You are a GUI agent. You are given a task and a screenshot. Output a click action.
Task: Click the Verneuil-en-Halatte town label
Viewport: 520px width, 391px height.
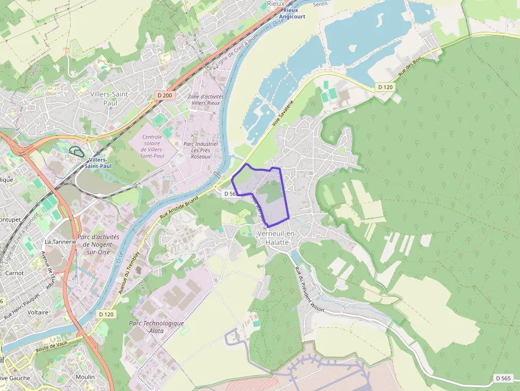(x=273, y=238)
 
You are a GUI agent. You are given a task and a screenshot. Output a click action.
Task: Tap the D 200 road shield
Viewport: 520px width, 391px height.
(x=164, y=95)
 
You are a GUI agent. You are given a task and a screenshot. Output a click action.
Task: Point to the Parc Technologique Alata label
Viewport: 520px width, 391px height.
(x=157, y=327)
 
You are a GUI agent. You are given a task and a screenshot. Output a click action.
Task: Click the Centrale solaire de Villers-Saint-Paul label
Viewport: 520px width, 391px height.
(x=152, y=146)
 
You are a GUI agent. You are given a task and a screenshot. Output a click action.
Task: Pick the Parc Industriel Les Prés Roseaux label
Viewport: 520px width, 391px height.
(x=201, y=150)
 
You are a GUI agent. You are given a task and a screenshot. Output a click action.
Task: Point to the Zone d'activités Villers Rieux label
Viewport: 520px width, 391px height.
(x=206, y=100)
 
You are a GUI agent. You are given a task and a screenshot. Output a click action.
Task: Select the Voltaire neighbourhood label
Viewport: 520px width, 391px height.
(x=38, y=312)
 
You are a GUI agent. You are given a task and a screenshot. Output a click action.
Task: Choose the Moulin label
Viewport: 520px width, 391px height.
(x=85, y=377)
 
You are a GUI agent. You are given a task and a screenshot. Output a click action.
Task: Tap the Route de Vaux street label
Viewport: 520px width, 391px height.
(x=53, y=346)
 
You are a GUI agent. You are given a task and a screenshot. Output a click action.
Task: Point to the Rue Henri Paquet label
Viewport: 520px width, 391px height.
(x=22, y=307)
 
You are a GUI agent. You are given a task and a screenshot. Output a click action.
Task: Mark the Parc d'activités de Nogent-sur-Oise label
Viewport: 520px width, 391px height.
(x=99, y=245)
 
